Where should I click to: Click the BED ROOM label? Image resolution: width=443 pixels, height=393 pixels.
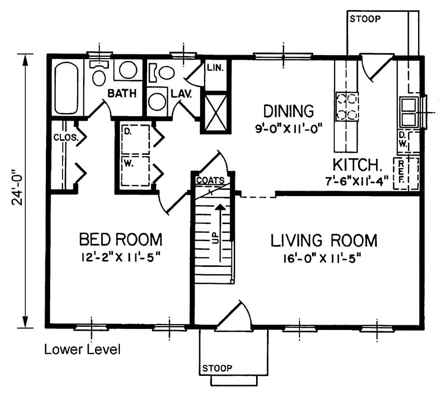120,239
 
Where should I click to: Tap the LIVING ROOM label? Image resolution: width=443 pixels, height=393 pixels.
324,241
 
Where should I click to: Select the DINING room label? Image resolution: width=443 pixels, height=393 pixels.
288,111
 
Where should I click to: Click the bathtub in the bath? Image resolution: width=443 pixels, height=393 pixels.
66,89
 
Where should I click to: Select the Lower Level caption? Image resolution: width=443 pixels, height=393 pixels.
82,349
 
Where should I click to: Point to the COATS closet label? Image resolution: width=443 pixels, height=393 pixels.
210,181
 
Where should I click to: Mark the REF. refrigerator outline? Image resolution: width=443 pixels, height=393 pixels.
406,174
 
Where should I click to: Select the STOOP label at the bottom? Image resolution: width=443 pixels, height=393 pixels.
217,368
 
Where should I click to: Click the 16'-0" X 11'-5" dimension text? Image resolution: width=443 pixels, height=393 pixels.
324,258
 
